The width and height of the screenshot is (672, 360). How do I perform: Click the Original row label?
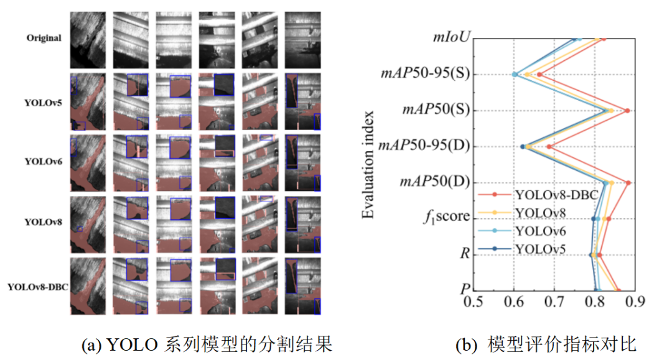(x=44, y=38)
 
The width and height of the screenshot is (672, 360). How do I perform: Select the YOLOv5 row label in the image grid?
(x=44, y=103)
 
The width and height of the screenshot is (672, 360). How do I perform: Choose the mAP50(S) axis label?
(x=435, y=111)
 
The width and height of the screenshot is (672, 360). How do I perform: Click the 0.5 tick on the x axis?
(x=475, y=302)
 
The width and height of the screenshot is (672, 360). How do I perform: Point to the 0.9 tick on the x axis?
(x=634, y=302)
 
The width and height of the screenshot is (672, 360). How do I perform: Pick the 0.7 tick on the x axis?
(x=554, y=302)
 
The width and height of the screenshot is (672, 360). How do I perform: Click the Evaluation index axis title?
(x=368, y=164)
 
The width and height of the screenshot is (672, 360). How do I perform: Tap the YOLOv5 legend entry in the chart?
(x=539, y=248)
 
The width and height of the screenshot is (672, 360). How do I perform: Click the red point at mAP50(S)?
(x=627, y=111)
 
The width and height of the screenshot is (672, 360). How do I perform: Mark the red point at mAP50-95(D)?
(x=549, y=147)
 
